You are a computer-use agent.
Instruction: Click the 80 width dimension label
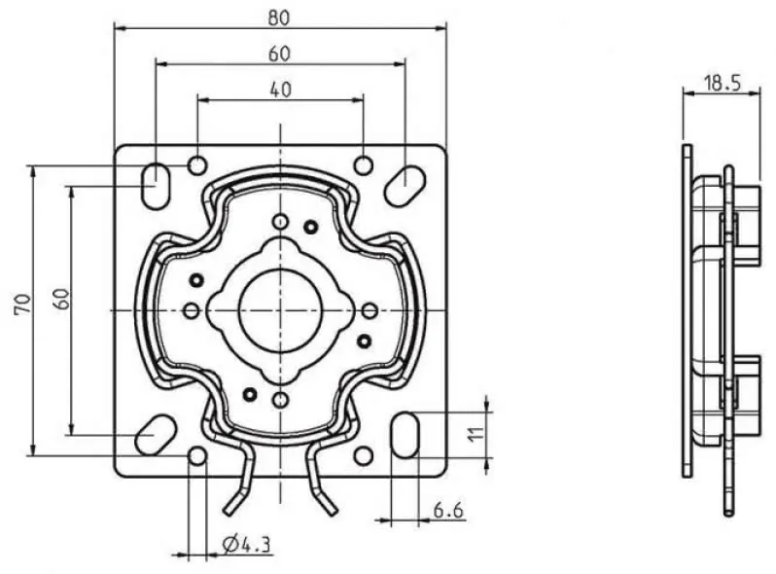point(279,18)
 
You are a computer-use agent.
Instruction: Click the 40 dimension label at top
point(281,90)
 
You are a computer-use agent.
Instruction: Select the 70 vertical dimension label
point(22,304)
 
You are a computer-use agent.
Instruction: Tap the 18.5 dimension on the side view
point(723,84)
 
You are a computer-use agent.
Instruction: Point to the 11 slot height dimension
point(476,434)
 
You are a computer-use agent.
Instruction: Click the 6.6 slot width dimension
point(449,510)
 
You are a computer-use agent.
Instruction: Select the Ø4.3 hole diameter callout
point(246,545)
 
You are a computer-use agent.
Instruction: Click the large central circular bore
point(281,310)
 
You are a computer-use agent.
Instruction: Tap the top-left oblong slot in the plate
point(156,185)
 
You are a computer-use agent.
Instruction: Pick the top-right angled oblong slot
point(405,186)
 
